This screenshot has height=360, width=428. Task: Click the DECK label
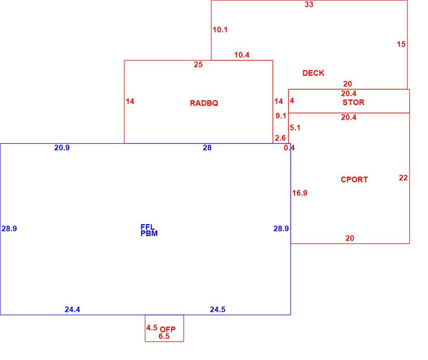313,73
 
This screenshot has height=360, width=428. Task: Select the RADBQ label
204,103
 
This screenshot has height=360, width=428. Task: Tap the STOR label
353,102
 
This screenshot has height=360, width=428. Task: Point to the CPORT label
354,180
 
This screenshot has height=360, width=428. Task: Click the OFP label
168,329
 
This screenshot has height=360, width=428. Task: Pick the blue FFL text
147,227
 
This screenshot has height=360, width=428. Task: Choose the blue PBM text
149,233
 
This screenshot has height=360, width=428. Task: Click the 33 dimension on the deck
309,4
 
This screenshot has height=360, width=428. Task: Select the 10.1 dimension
220,30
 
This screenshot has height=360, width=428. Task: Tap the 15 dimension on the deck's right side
401,44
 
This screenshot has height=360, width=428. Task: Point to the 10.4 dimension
242,55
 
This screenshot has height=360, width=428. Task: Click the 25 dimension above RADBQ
198,65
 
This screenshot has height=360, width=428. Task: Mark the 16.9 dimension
300,193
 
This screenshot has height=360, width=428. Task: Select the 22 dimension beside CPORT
403,178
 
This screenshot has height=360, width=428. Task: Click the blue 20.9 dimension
62,148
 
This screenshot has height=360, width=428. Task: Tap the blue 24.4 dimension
72,310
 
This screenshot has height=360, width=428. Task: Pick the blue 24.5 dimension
218,310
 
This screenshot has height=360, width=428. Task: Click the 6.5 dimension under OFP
164,336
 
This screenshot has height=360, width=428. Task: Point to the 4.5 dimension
152,328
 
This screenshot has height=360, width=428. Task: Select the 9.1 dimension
281,116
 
